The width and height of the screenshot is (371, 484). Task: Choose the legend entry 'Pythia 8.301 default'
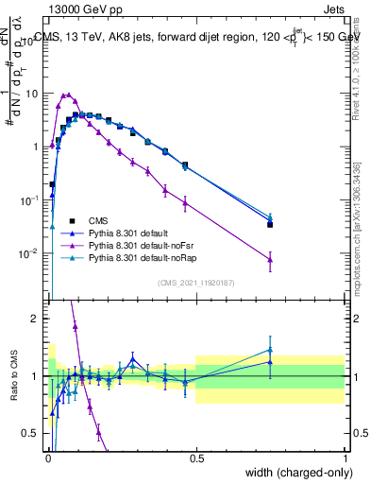(125, 232)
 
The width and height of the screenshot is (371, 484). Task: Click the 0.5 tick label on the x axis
(196, 458)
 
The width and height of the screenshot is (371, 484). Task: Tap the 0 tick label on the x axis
(47, 458)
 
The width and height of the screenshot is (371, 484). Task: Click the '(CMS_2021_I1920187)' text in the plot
(196, 282)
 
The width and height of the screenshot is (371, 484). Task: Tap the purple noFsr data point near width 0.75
(270, 259)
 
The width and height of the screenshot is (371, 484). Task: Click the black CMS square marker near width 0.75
(270, 224)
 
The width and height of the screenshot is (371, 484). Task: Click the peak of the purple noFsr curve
(66, 95)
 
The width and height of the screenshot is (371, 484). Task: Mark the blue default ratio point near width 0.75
(270, 361)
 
